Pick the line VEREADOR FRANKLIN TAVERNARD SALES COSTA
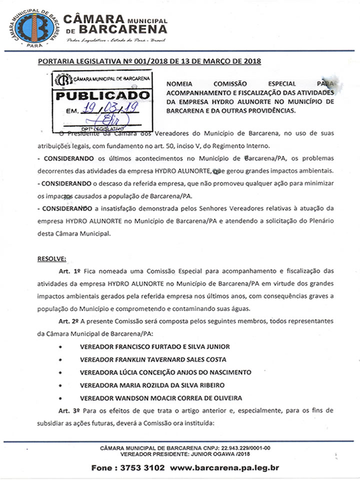[153, 359]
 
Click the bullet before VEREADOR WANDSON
[60, 398]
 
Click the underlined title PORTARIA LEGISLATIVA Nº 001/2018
[98, 61]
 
